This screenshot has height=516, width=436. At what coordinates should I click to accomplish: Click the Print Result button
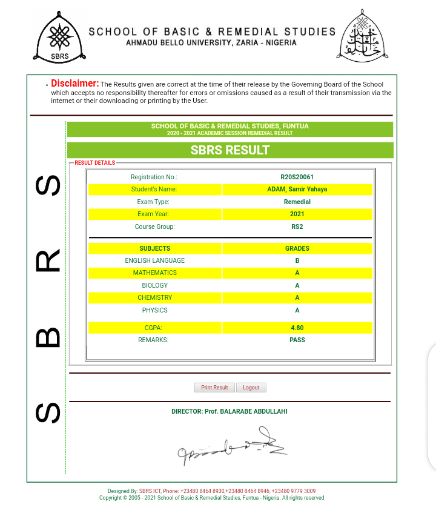214,388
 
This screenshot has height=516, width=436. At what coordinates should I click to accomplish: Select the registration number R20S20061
297,177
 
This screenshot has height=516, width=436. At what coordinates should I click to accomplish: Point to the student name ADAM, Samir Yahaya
297,190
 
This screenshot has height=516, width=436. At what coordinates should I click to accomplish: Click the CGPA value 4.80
297,328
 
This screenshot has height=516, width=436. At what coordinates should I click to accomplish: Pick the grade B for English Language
297,261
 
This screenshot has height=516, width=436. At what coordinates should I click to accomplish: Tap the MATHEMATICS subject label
155,273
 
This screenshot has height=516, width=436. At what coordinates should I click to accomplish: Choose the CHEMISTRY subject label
155,298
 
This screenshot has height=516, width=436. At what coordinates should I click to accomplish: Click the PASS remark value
297,340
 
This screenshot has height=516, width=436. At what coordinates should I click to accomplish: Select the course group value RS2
297,227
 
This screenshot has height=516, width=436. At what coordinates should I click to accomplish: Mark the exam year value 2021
297,214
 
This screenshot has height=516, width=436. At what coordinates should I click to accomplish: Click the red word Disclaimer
74,83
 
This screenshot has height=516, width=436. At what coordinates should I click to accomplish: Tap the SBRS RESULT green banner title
230,150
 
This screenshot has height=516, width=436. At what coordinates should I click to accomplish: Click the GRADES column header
297,248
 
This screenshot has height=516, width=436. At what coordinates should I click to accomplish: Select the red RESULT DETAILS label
94,163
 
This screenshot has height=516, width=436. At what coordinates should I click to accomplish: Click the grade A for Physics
297,310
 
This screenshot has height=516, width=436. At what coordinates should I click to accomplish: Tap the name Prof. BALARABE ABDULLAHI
246,412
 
